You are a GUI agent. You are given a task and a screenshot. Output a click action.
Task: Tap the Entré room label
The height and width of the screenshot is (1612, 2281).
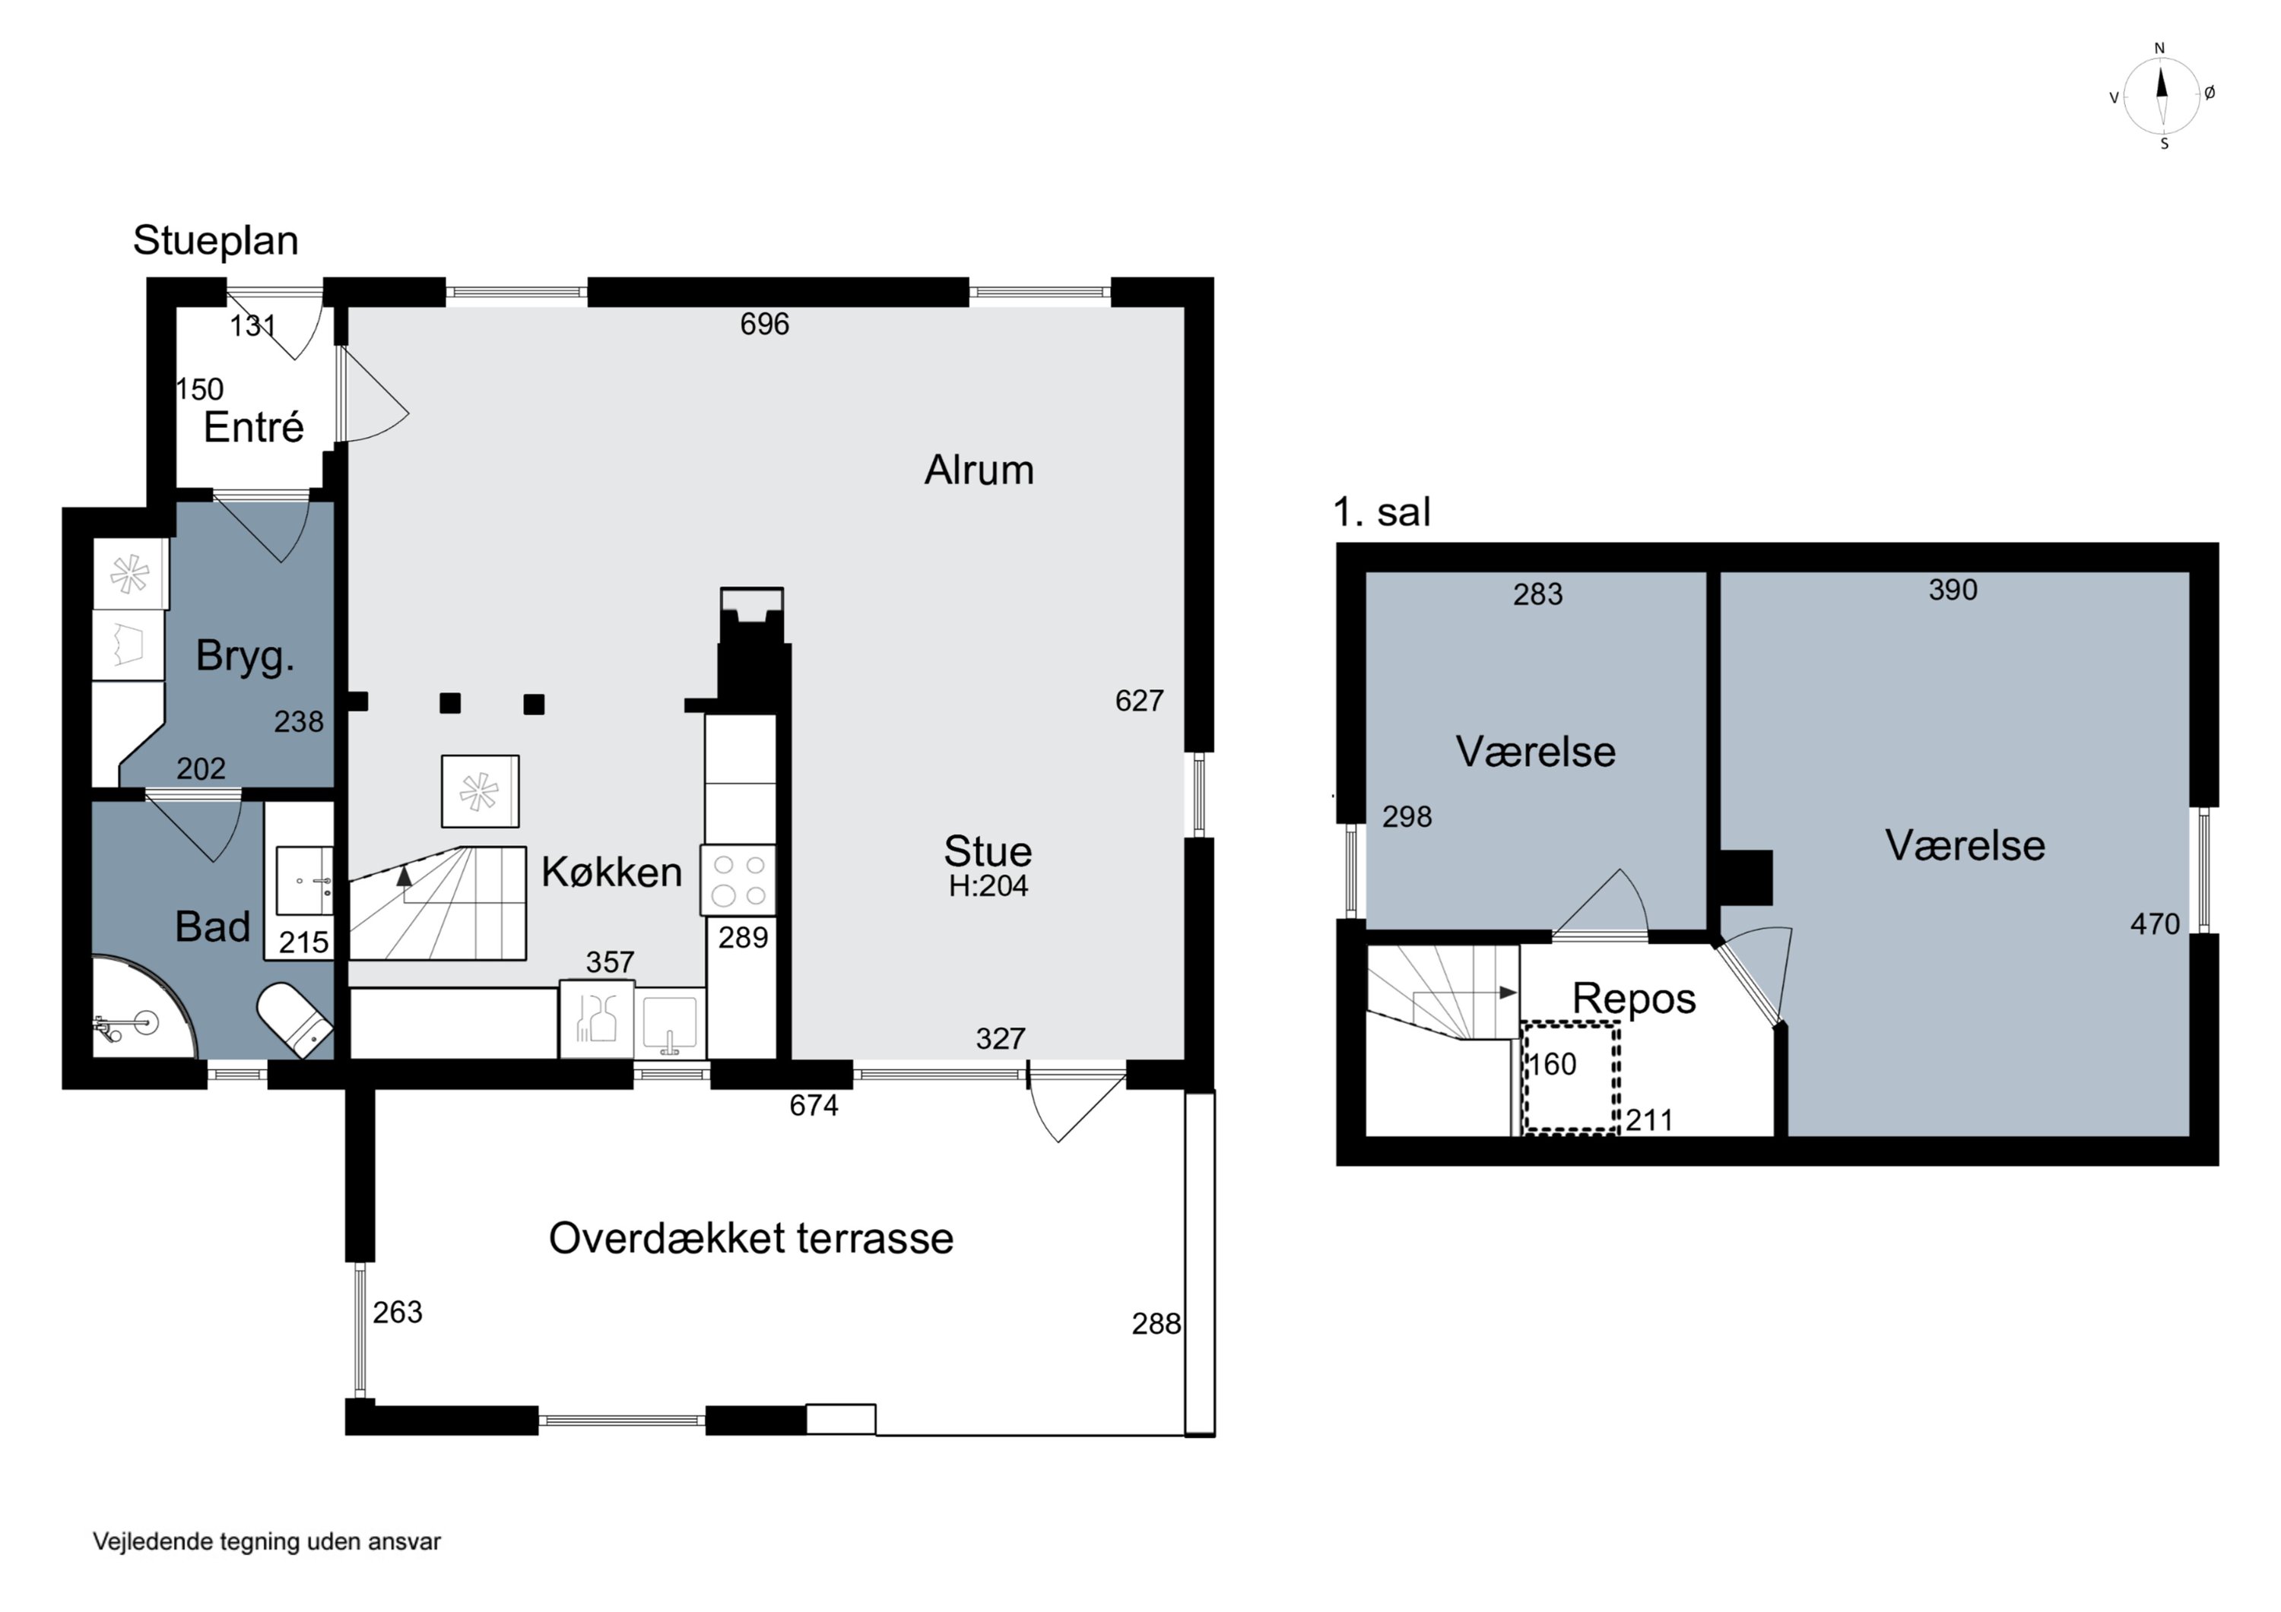253,428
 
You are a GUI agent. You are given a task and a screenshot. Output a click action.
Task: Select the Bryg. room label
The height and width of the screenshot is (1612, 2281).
246,657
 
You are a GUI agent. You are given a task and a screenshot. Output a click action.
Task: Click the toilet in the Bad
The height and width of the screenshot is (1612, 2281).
294,1019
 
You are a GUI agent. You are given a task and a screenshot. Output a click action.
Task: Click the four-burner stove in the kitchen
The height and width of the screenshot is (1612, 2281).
738,880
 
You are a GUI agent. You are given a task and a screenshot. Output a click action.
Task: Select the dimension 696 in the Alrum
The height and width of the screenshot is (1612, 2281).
764,324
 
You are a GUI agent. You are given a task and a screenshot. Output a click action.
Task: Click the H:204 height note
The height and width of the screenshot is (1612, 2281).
988,886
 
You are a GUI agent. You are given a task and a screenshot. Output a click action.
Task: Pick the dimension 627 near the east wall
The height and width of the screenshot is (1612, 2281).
1138,701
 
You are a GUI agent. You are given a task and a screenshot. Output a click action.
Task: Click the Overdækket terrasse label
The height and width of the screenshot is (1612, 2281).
751,1239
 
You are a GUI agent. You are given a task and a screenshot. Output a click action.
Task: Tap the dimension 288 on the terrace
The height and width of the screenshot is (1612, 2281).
1156,1324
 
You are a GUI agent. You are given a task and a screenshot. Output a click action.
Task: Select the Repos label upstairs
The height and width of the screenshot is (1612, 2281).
1633,998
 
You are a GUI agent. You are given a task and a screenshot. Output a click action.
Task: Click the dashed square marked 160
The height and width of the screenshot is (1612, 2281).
1571,1077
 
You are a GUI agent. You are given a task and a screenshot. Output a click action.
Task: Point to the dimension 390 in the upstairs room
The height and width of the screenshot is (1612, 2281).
1953,590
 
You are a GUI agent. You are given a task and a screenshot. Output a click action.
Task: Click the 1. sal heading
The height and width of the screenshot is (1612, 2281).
1381,512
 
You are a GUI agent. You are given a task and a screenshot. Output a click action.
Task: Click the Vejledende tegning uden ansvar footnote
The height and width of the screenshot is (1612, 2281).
266,1541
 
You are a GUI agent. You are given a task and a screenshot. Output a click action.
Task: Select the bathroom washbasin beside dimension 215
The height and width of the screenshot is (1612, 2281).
304,881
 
